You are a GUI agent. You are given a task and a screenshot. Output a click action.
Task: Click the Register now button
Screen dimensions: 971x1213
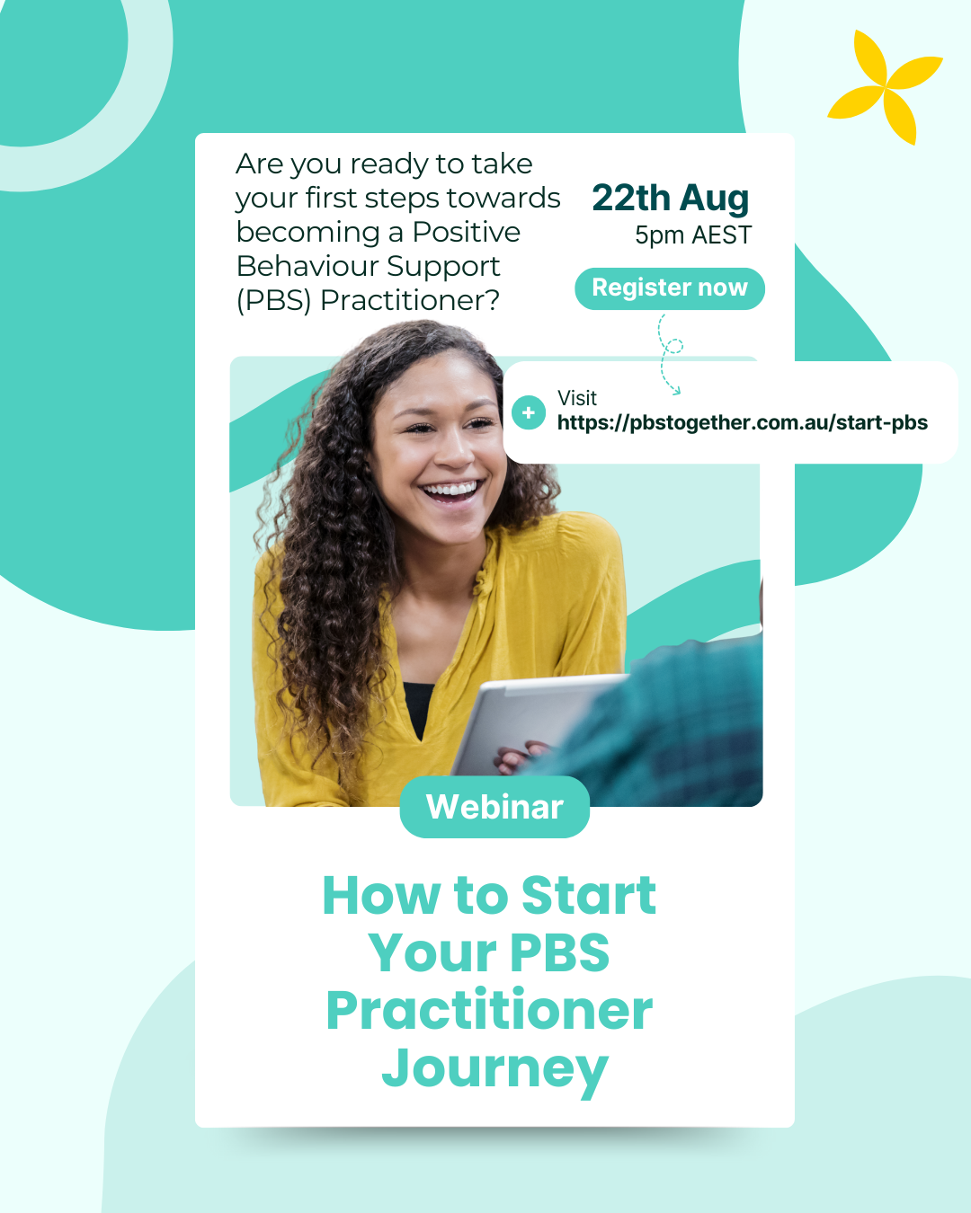[670, 288]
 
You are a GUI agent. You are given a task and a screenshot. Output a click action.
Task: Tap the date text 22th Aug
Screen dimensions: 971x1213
[671, 199]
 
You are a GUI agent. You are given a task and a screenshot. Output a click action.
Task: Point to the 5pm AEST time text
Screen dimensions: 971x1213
[693, 235]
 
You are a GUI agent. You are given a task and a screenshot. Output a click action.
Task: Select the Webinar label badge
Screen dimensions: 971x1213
[494, 807]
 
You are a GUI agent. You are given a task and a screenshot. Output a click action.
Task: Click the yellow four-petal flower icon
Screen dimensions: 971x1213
[885, 87]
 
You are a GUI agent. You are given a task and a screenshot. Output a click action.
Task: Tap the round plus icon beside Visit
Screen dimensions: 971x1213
[528, 412]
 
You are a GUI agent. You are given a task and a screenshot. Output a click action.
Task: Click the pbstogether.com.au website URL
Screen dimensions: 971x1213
[743, 422]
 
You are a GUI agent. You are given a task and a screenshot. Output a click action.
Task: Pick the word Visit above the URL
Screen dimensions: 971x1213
[576, 398]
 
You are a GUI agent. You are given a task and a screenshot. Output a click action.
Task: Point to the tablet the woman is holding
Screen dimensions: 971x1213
[536, 724]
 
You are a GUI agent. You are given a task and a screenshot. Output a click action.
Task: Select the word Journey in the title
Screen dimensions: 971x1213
[494, 1069]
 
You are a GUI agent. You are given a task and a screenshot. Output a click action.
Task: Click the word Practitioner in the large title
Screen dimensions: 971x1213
[490, 1010]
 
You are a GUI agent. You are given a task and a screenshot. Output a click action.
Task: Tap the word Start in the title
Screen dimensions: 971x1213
[589, 895]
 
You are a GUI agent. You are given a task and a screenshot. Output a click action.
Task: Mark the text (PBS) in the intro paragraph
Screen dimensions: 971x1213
[273, 300]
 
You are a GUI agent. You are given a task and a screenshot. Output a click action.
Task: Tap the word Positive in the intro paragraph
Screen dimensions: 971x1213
[466, 232]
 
